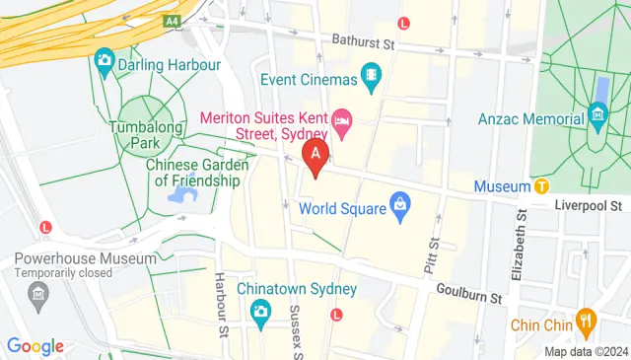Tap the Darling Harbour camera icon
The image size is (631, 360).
click(x=104, y=61)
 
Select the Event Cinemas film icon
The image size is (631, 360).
click(x=371, y=74)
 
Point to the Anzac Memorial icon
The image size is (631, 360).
click(x=598, y=118)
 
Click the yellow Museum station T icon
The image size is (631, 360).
click(x=541, y=185)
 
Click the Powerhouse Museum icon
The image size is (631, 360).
click(x=38, y=295)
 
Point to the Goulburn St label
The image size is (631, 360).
click(x=470, y=293)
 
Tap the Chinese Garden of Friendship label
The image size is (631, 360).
click(x=194, y=173)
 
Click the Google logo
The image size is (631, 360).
click(x=35, y=345)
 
